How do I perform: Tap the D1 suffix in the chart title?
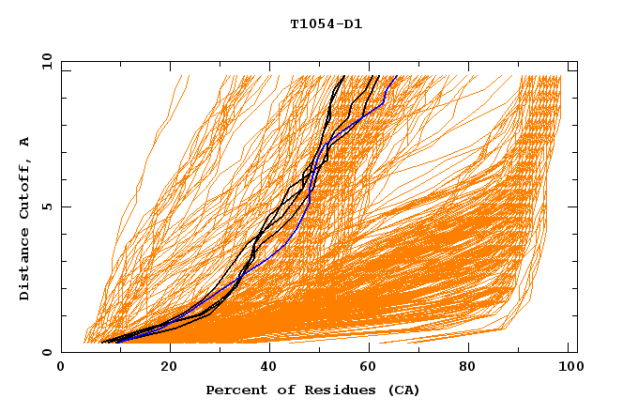click(x=352, y=24)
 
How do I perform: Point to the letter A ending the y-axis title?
click(x=25, y=142)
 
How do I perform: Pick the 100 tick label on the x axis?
click(x=569, y=369)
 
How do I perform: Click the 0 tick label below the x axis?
click(x=62, y=369)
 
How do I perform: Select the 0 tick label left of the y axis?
click(x=47, y=353)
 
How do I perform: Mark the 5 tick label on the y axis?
click(x=47, y=206)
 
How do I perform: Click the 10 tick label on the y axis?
click(x=44, y=61)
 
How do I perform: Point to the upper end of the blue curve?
click(x=397, y=76)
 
